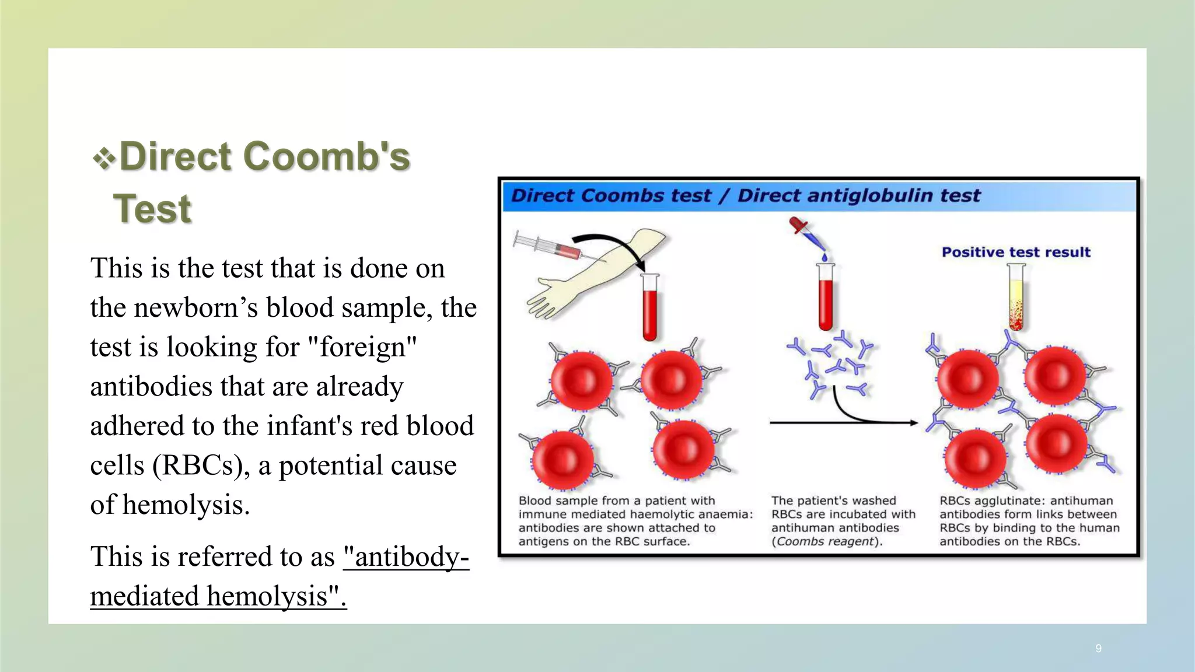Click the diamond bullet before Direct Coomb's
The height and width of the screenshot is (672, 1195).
(104, 158)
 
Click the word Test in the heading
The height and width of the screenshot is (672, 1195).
(152, 209)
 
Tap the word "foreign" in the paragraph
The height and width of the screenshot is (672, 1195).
(361, 347)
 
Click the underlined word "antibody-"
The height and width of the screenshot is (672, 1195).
(406, 556)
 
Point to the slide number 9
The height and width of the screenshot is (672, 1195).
(1098, 648)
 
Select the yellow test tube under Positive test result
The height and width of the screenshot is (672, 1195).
(1016, 297)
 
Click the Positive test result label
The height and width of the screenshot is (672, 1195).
(1016, 252)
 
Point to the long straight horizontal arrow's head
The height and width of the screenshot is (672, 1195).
(914, 423)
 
